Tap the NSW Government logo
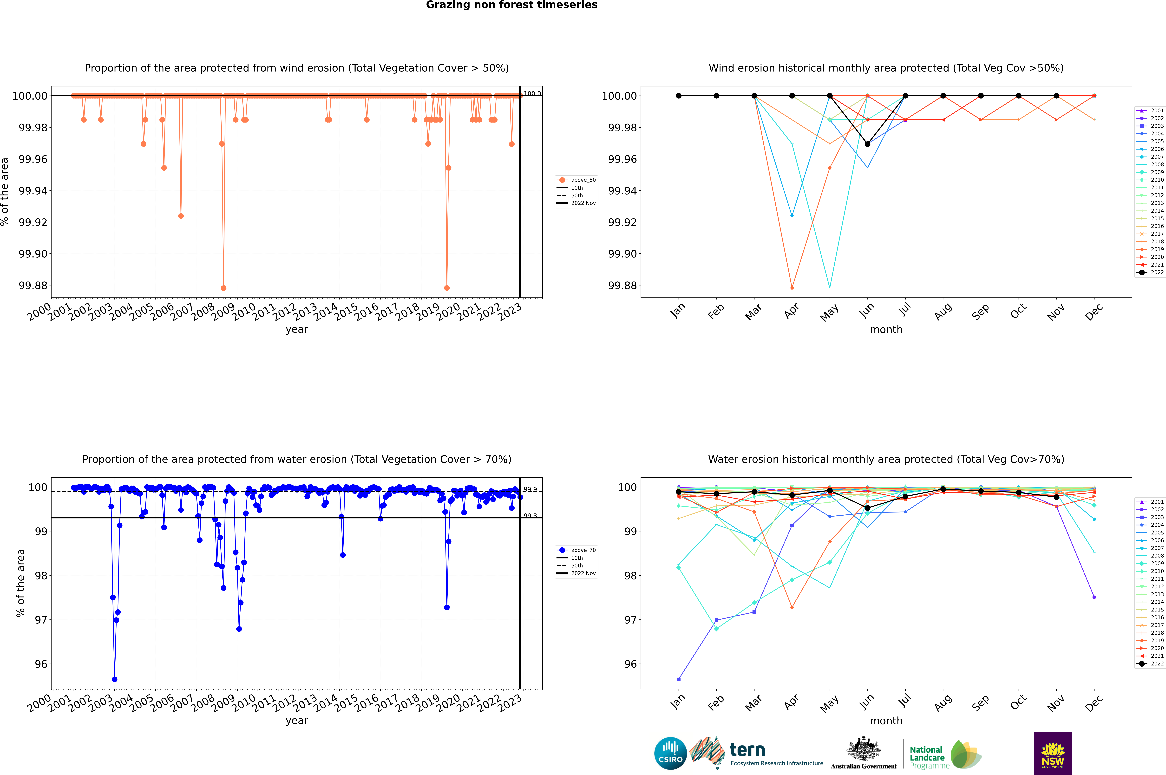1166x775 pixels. pos(1053,753)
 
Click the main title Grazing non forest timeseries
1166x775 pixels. pos(512,5)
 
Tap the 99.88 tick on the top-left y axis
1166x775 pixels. pos(33,286)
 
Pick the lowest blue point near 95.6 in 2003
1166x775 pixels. pos(115,680)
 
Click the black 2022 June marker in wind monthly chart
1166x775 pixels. pos(867,144)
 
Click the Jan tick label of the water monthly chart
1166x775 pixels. pos(678,702)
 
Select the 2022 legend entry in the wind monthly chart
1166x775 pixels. pos(1157,272)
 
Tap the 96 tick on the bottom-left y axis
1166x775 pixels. pos(40,664)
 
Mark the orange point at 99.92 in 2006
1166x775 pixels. pos(181,216)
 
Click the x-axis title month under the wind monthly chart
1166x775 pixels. pos(886,330)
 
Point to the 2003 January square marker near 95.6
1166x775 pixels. pos(679,680)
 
